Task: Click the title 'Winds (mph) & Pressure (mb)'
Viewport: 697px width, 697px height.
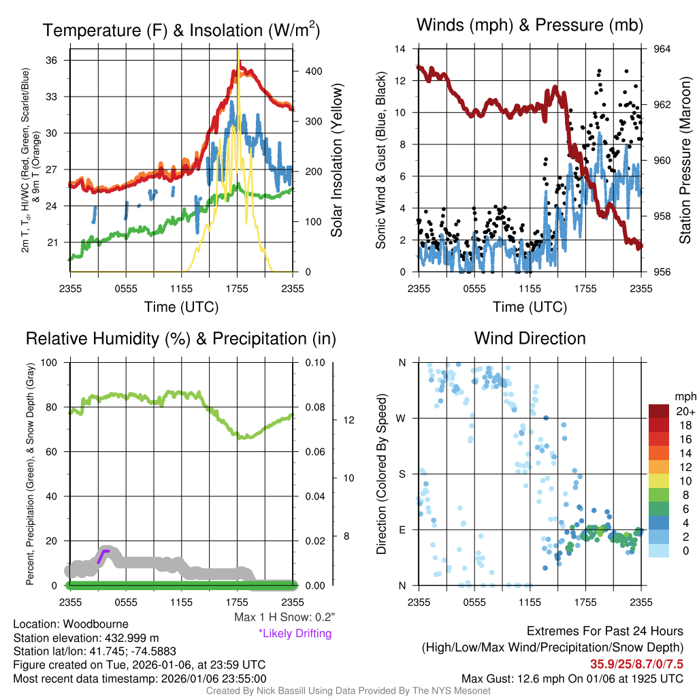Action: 530,26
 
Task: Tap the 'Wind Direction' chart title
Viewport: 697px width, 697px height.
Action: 530,338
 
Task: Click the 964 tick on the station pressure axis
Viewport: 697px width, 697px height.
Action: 662,49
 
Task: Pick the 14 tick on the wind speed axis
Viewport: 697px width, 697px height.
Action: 401,49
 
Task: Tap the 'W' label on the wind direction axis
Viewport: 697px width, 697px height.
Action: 402,418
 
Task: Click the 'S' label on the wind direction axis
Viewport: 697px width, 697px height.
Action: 402,474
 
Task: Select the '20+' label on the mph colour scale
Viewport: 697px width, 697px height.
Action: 685,411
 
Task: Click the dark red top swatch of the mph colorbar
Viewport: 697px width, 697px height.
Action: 659,411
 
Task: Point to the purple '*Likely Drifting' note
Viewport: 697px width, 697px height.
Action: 295,633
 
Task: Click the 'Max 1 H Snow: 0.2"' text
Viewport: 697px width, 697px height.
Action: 284,617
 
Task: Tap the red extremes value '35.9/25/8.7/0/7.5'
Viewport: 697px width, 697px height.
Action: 636,664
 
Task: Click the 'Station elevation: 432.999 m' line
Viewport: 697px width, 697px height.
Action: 86,638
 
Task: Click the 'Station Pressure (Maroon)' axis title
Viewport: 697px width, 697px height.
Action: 685,161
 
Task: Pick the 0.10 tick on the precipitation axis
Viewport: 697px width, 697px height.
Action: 314,362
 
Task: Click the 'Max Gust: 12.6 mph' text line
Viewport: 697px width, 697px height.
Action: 572,678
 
